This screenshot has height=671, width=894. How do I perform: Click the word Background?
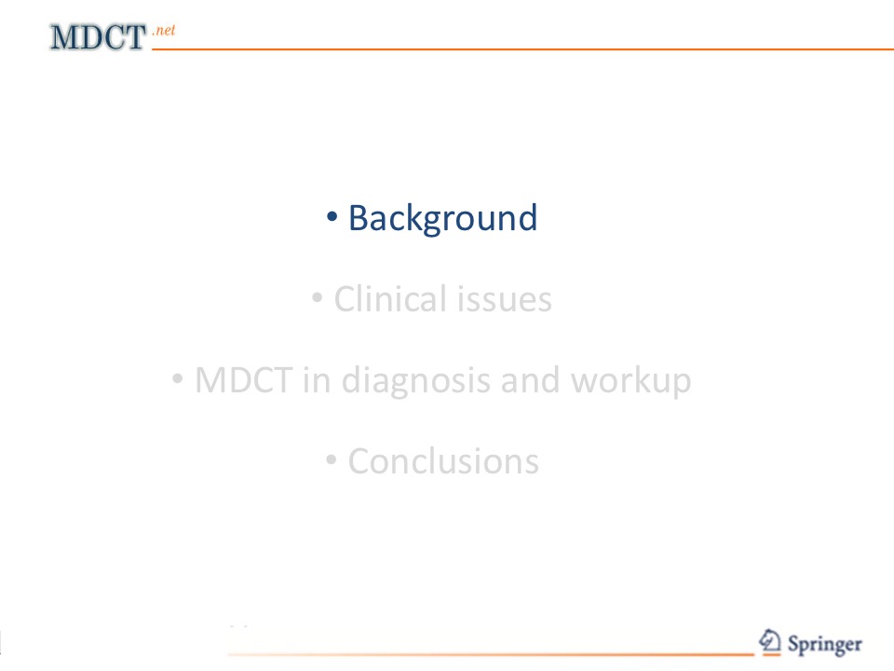pos(443,218)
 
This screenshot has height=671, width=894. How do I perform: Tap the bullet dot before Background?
pos(332,216)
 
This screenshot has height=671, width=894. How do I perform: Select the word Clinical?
pos(390,298)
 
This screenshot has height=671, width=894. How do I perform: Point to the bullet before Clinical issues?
pos(318,297)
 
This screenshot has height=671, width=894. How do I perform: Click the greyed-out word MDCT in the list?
pos(243,380)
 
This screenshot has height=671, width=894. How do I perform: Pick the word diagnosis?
pos(415,381)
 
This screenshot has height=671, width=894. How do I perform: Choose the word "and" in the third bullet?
pos(530,380)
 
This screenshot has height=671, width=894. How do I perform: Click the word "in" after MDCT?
pos(317,380)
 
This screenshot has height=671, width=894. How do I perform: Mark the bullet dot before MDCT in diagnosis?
pos(178,378)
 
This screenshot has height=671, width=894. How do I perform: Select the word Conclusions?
pos(443,461)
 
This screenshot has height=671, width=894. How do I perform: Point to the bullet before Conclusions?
pos(332,459)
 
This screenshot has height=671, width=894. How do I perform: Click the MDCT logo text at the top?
pos(98,37)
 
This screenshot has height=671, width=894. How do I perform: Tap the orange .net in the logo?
pos(164,30)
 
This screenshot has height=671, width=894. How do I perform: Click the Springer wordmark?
pos(824,645)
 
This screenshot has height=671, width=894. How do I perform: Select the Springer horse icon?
pos(770,641)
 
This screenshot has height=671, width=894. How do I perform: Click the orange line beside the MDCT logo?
pos(522,49)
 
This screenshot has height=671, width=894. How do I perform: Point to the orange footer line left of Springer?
pos(491,654)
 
